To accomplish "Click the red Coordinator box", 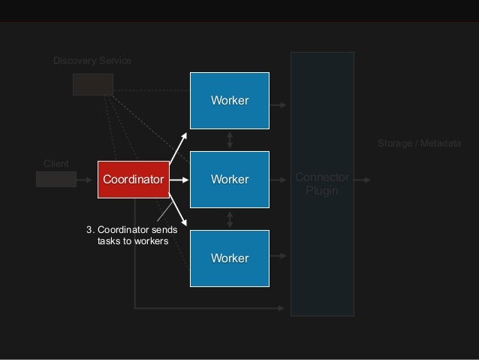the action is [133, 180].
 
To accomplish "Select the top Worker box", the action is [230, 101].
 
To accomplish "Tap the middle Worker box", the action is [230, 180].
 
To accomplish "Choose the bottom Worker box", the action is [230, 259].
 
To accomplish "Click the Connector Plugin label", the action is [322, 184].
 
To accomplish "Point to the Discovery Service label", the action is [92, 60].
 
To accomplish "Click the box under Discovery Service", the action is [92, 84].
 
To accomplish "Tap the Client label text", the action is [56, 162].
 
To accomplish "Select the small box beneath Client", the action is [56, 179].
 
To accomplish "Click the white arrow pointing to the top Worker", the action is [179, 147].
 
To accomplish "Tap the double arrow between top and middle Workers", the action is [230, 140].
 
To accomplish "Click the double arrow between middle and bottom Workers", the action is [230, 219].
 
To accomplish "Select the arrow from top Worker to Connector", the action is [279, 105].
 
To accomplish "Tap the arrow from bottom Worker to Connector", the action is [279, 256].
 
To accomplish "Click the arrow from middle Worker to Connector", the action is [279, 180].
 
